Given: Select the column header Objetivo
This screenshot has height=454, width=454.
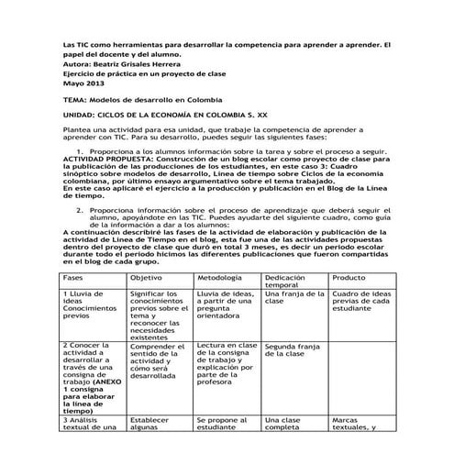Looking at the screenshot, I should [147, 277].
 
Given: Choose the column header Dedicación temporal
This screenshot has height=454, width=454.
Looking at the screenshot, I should [288, 282].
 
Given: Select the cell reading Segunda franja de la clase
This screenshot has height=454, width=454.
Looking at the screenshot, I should [292, 353].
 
